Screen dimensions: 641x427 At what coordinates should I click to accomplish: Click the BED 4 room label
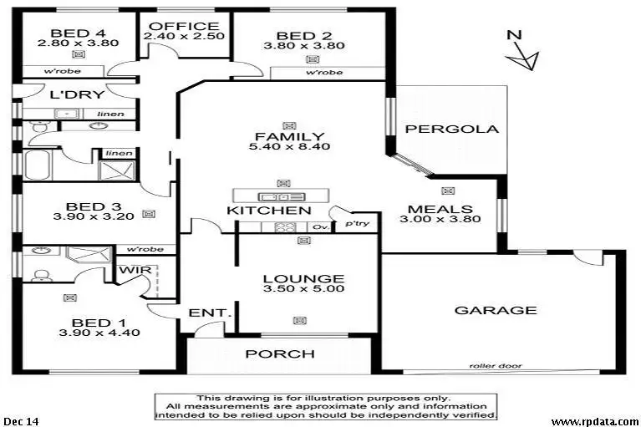tap(78, 24)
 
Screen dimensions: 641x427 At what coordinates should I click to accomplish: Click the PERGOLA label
tap(451, 130)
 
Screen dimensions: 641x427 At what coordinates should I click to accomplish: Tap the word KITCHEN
tap(269, 211)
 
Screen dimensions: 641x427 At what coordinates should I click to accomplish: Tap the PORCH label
tap(279, 354)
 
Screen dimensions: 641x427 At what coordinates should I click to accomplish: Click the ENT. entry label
tap(209, 313)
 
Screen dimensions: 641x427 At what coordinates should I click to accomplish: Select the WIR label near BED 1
tap(134, 271)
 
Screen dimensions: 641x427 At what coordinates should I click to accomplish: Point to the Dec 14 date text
tap(20, 420)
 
